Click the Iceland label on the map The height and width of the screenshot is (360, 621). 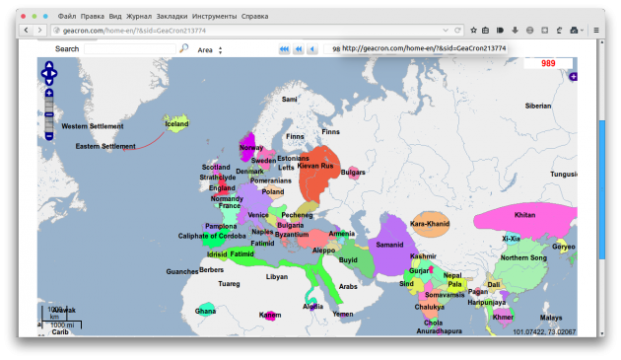click(x=176, y=124)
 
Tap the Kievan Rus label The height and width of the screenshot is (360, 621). click(x=315, y=166)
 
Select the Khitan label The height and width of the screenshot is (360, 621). click(x=524, y=215)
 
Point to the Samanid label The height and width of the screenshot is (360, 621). click(x=390, y=244)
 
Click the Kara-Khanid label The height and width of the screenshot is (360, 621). click(x=430, y=224)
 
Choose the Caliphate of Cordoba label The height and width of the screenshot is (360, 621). click(x=212, y=236)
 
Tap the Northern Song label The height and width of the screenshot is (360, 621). click(x=522, y=258)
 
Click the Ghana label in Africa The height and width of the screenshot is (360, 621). click(x=205, y=311)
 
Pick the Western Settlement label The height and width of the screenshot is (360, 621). click(x=93, y=126)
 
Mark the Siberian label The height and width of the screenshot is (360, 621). click(x=538, y=106)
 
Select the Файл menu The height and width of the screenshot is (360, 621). click(x=67, y=17)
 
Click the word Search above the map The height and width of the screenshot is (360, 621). click(x=67, y=48)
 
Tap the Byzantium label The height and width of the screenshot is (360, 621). click(x=292, y=235)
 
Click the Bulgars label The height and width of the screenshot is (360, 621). click(x=353, y=173)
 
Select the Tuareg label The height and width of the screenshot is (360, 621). click(x=229, y=284)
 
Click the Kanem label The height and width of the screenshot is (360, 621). click(x=270, y=315)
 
